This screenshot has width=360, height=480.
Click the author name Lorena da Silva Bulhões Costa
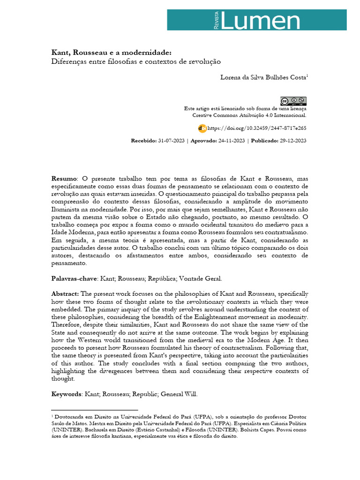[263, 77]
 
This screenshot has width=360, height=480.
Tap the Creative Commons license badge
[293, 101]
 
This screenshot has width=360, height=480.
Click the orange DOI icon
[202, 127]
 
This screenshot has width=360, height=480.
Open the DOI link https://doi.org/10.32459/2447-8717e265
[257, 128]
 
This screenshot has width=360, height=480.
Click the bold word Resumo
[64, 179]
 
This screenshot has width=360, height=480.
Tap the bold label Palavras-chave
[74, 279]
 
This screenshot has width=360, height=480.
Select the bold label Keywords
[67, 394]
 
